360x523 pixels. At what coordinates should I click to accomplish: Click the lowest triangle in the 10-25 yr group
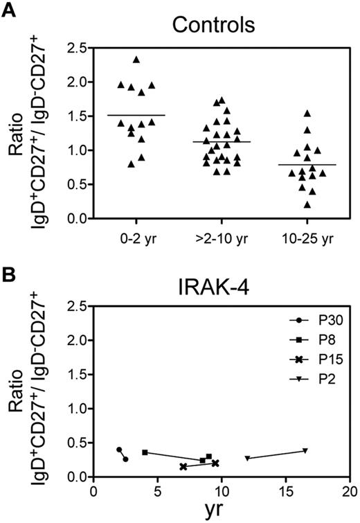307,204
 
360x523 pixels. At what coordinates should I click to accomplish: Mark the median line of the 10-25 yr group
307,165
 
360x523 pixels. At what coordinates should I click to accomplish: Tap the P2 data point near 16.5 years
305,450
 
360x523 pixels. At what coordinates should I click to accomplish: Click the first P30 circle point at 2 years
119,450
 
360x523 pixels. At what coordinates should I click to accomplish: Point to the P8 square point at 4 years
145,452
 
